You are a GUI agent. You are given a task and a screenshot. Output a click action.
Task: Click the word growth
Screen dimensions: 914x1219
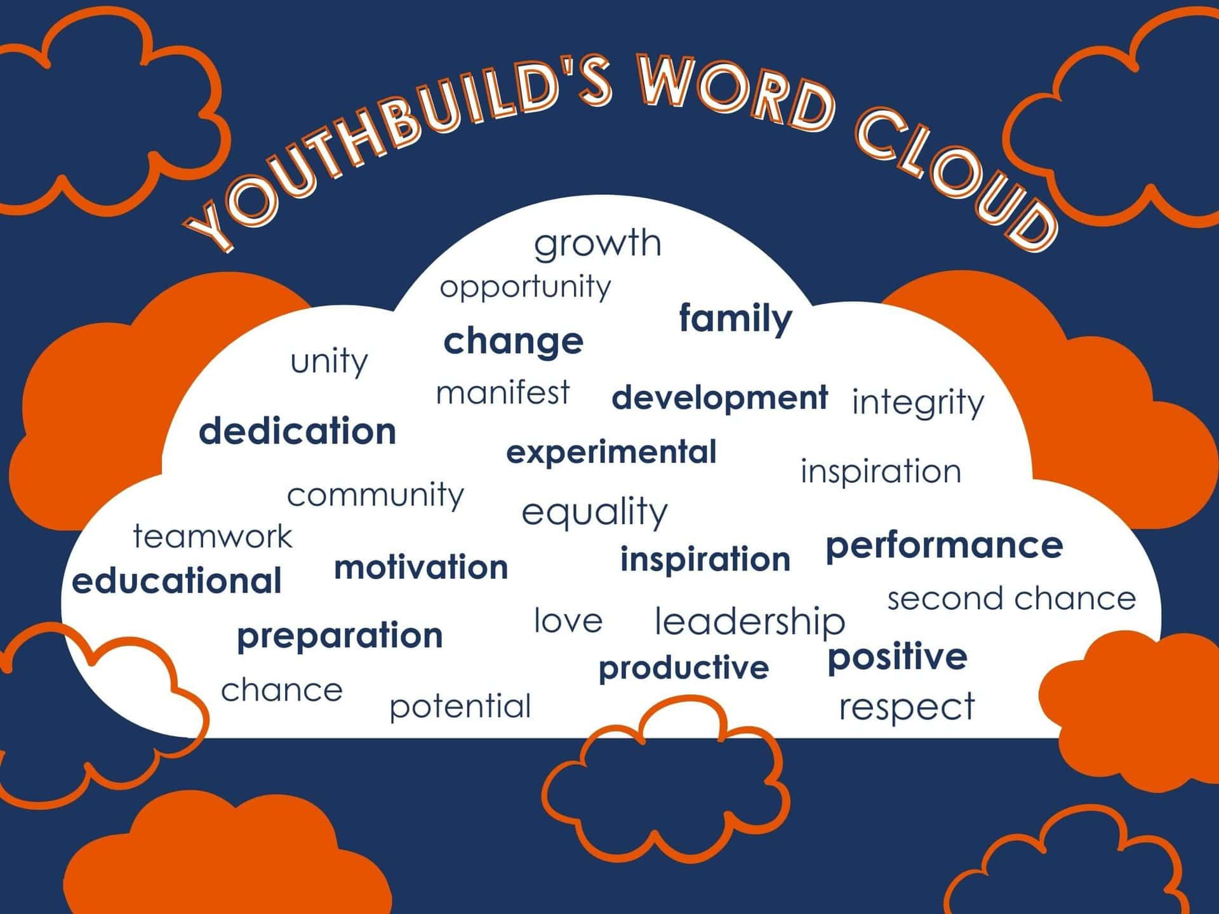[597, 244]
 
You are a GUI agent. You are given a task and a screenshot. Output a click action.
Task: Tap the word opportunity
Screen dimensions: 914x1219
[525, 287]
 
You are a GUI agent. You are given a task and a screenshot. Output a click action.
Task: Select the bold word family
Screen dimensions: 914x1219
[735, 318]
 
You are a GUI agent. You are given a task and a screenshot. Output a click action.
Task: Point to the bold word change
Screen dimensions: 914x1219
[513, 342]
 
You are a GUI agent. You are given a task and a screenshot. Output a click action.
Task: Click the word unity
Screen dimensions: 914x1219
[329, 362]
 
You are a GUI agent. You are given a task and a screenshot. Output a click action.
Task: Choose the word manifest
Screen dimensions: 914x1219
[503, 393]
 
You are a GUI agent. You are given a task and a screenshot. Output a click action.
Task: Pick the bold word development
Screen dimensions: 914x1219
[719, 398]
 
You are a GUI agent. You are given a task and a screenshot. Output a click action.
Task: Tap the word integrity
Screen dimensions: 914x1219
[917, 402]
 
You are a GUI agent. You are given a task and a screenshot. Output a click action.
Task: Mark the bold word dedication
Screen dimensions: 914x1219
[297, 432]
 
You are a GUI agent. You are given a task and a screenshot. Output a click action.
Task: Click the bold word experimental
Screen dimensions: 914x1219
[611, 453]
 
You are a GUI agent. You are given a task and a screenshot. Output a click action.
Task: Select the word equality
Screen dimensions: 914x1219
[594, 512]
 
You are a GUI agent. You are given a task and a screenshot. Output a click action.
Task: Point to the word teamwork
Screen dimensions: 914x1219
[213, 537]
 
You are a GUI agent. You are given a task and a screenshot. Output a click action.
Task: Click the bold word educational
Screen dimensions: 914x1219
[177, 581]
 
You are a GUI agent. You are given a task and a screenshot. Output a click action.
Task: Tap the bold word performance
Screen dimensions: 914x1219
[944, 546]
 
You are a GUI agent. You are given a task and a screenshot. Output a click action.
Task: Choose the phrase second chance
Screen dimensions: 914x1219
[1011, 599]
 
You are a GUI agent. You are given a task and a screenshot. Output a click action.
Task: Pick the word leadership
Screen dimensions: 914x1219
[750, 621]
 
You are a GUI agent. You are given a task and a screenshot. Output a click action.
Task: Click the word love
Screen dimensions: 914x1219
[568, 621]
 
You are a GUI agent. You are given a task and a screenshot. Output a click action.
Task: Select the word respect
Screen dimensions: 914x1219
[907, 707]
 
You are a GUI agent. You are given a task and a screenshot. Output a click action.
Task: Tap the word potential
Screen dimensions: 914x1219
[460, 706]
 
